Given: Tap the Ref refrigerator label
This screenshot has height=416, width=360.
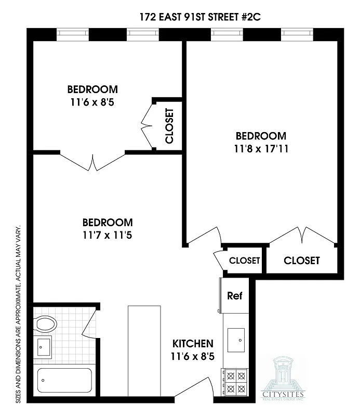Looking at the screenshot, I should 234,296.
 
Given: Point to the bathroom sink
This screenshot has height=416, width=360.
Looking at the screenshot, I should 44,346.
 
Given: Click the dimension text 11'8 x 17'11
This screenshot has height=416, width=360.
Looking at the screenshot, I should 260,148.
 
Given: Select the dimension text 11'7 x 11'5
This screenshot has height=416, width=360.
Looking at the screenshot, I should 107,235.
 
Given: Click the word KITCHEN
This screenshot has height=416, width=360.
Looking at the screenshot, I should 193,344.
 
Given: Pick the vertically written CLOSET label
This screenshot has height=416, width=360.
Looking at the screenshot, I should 169,125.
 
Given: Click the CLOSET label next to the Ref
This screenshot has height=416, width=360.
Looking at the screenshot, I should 244,261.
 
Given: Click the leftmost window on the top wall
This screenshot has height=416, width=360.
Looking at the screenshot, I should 73,35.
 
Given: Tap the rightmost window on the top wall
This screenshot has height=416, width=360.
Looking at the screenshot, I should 297,35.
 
